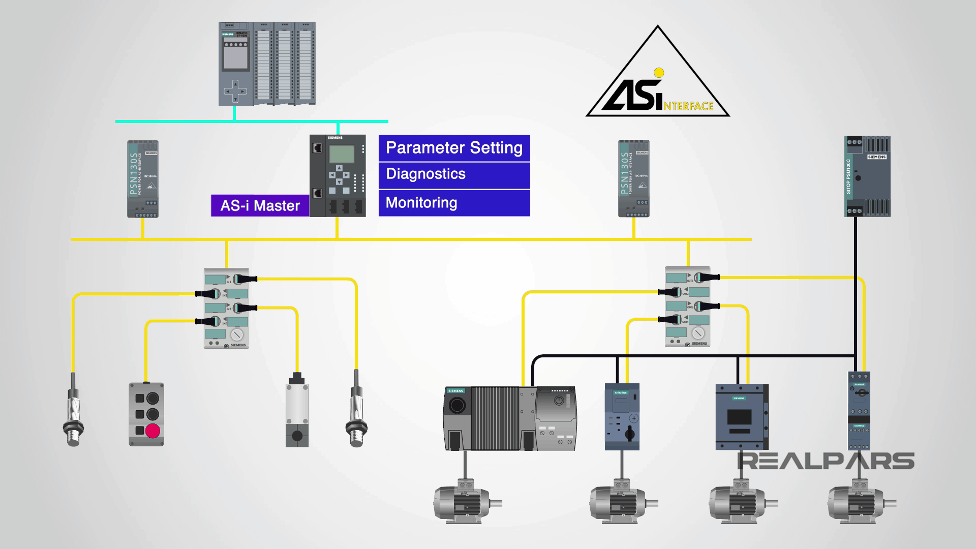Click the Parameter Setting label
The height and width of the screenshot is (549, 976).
pos(454,148)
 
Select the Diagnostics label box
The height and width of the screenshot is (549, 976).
pos(454,175)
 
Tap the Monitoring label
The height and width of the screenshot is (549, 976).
pos(454,203)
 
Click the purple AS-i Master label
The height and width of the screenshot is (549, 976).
pos(260,205)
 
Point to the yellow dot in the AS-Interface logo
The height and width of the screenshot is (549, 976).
pos(659,73)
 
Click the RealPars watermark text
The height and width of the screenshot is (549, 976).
pos(826,461)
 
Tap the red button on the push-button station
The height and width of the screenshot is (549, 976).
pos(152,431)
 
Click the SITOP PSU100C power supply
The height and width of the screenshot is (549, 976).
pos(867,176)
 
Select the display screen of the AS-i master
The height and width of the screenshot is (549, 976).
pos(342,154)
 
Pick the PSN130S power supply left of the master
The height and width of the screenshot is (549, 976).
pos(143,179)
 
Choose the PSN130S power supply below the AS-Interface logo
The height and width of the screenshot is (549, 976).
pos(634,178)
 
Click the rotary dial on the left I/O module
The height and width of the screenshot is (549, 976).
pos(236,335)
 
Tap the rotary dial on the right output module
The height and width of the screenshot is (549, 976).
pos(698,333)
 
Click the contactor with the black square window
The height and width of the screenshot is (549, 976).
pos(740,417)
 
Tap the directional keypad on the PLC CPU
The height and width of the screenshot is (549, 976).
pos(235,91)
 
